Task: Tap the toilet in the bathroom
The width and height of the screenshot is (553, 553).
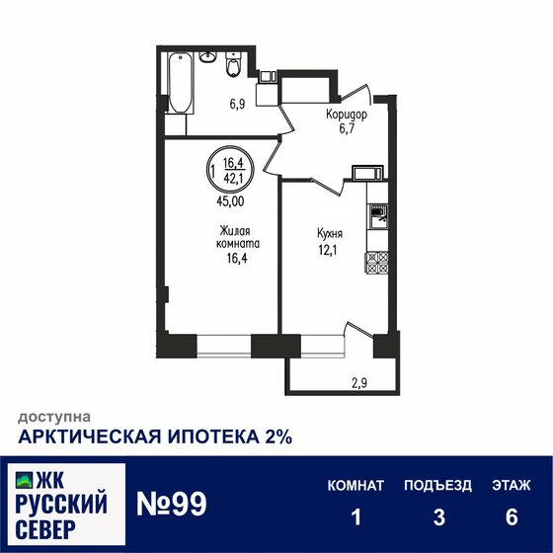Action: (232, 66)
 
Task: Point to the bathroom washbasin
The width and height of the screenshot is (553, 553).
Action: (208, 58)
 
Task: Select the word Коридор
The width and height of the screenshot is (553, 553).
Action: (347, 115)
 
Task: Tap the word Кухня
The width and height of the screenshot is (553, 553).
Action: (330, 235)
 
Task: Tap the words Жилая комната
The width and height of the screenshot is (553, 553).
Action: (239, 237)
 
